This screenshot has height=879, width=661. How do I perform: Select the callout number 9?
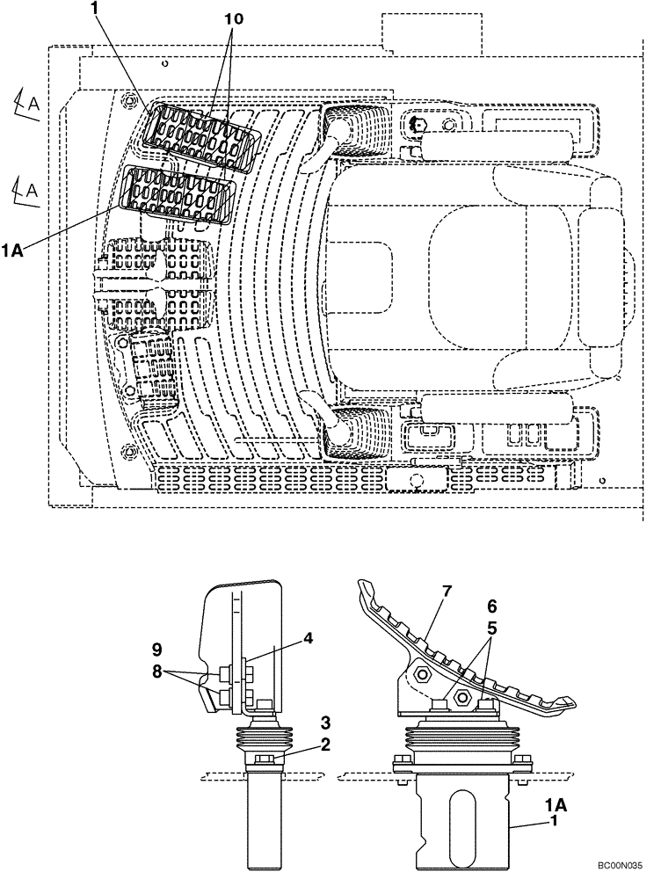pyautogui.click(x=156, y=651)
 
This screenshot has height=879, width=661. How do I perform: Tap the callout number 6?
pyautogui.click(x=491, y=607)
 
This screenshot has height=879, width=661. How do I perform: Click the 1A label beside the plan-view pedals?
pyautogui.click(x=11, y=251)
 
